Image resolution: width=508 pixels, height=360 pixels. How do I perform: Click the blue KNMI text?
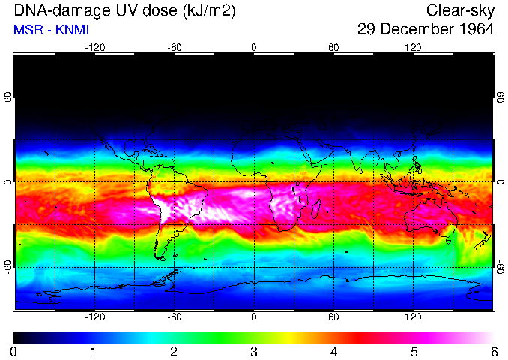tap(66, 30)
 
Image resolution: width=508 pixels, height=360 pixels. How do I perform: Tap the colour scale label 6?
tap(493, 351)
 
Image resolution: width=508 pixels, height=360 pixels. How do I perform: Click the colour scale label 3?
tap(253, 351)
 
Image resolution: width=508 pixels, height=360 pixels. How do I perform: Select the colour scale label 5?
tap(413, 351)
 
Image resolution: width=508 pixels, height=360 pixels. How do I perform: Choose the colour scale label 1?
tap(94, 351)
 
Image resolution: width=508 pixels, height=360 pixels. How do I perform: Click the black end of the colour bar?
tap(18, 337)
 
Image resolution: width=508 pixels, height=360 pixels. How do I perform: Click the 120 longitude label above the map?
tap(413, 47)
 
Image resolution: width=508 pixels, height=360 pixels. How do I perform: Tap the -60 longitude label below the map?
tap(174, 316)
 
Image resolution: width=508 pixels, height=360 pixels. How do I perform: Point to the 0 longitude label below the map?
tap(253, 316)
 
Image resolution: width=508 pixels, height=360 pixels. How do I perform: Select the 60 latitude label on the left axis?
tap(7, 97)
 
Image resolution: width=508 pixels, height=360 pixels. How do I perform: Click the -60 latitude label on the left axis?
tap(7, 267)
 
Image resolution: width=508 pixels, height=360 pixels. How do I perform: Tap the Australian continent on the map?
tap(427, 218)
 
